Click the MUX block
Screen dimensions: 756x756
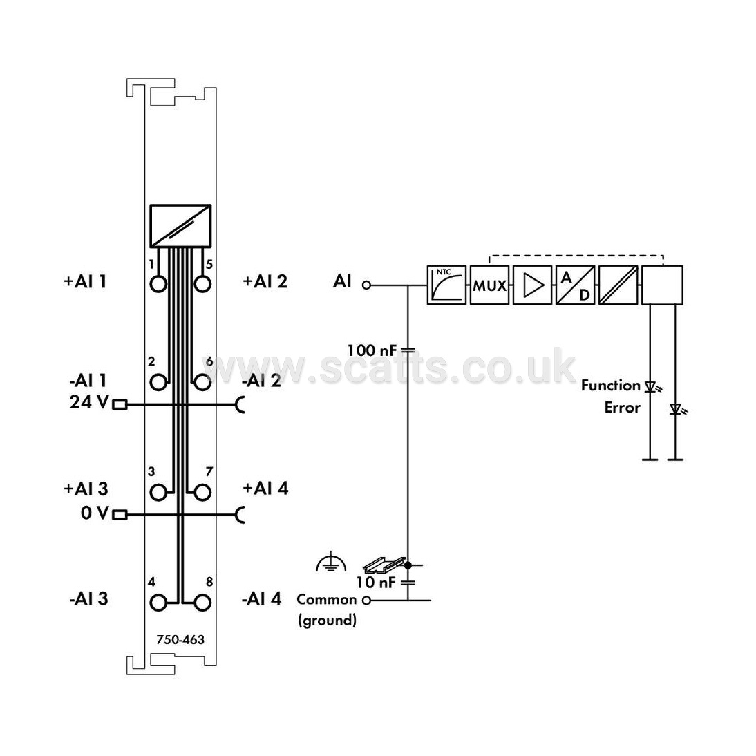[x=489, y=285]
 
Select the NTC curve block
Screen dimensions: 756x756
[x=446, y=285]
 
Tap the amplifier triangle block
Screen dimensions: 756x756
[x=532, y=285]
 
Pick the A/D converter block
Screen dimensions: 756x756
[x=575, y=285]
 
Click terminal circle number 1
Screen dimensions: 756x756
[x=159, y=284]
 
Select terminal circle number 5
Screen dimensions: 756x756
[x=202, y=284]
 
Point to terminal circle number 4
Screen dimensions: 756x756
[x=159, y=603]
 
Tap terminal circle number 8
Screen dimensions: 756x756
[x=202, y=603]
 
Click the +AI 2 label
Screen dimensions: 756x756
[x=265, y=281]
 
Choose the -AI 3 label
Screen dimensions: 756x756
[x=88, y=599]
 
